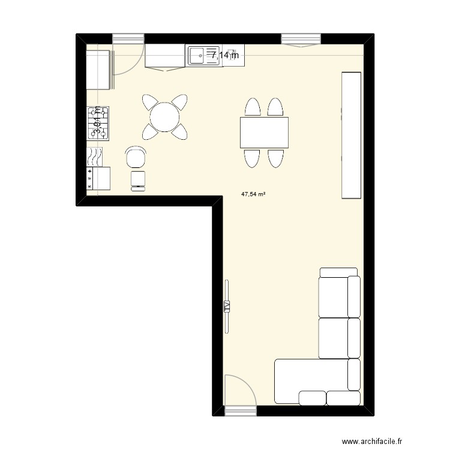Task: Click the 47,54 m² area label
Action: click(x=254, y=194)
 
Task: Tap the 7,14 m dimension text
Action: click(x=224, y=55)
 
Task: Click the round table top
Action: click(x=164, y=117)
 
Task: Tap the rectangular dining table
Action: click(x=264, y=133)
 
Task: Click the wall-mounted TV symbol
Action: click(x=227, y=306)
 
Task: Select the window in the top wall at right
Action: click(x=301, y=40)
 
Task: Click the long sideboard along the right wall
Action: click(x=352, y=135)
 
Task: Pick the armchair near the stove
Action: click(x=136, y=158)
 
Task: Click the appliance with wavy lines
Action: click(x=95, y=157)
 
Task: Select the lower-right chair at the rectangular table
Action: click(x=275, y=158)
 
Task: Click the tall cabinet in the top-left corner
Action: click(x=100, y=70)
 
